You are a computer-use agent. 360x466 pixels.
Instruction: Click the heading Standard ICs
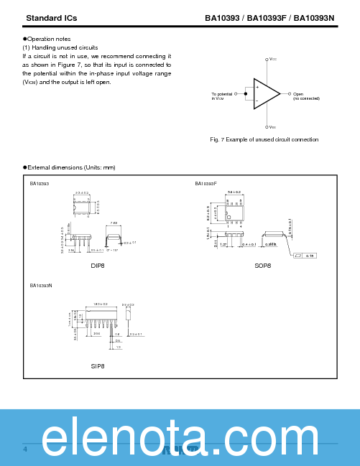[x=51, y=17]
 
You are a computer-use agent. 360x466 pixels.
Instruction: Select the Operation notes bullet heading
[x=49, y=39]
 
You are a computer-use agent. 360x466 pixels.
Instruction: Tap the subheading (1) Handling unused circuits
[x=60, y=47]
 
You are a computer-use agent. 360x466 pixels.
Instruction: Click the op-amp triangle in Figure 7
[x=265, y=94]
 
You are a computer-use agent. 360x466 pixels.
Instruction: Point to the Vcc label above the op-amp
[x=272, y=60]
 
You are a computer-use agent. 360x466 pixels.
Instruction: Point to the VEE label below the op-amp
[x=272, y=127]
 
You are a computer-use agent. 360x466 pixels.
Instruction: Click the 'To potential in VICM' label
[x=222, y=96]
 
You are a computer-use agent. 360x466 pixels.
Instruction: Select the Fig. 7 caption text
[x=264, y=139]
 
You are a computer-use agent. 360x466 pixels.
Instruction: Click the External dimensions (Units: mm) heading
[x=70, y=167]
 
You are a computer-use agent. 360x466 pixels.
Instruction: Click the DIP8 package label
[x=98, y=266]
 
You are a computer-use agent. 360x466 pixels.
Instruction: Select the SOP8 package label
[x=263, y=266]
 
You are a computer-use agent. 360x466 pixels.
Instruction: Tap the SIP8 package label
[x=98, y=365]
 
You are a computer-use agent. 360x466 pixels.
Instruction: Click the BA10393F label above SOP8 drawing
[x=206, y=184]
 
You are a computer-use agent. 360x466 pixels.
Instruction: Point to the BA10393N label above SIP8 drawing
[x=41, y=286]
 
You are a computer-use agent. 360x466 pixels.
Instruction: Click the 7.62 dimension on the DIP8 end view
[x=114, y=223]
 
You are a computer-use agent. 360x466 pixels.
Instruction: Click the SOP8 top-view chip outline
[x=234, y=212]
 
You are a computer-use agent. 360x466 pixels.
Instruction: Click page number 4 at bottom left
[x=25, y=449]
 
